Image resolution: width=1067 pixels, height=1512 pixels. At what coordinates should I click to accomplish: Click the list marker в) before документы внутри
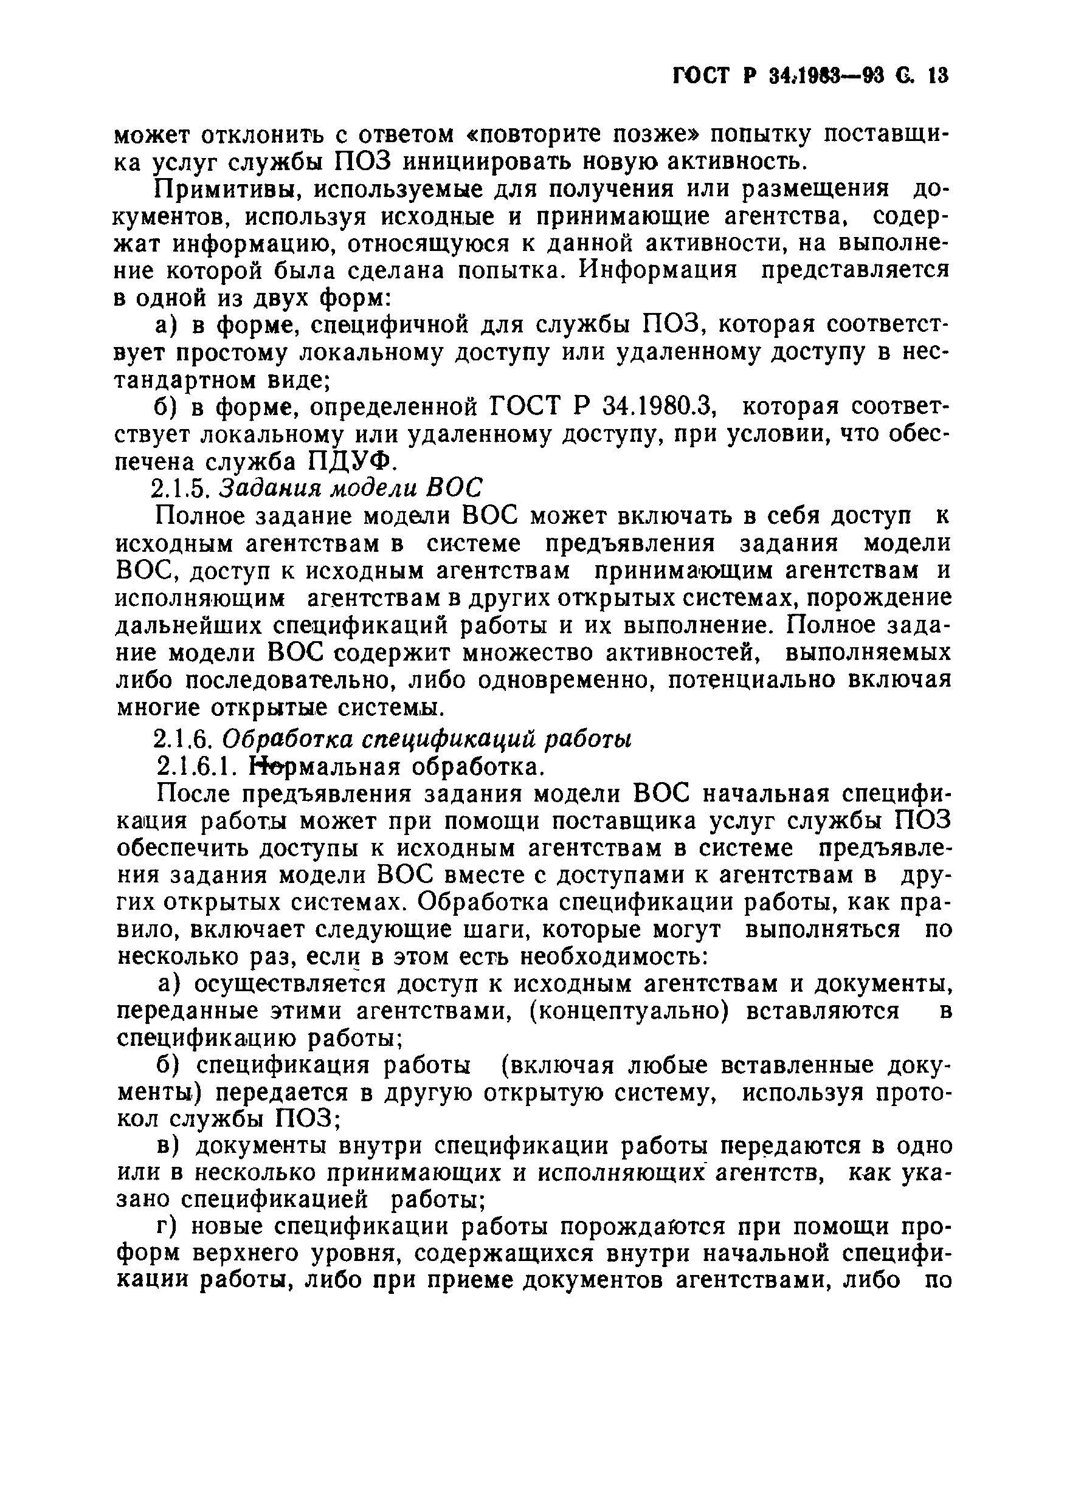tap(168, 1146)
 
